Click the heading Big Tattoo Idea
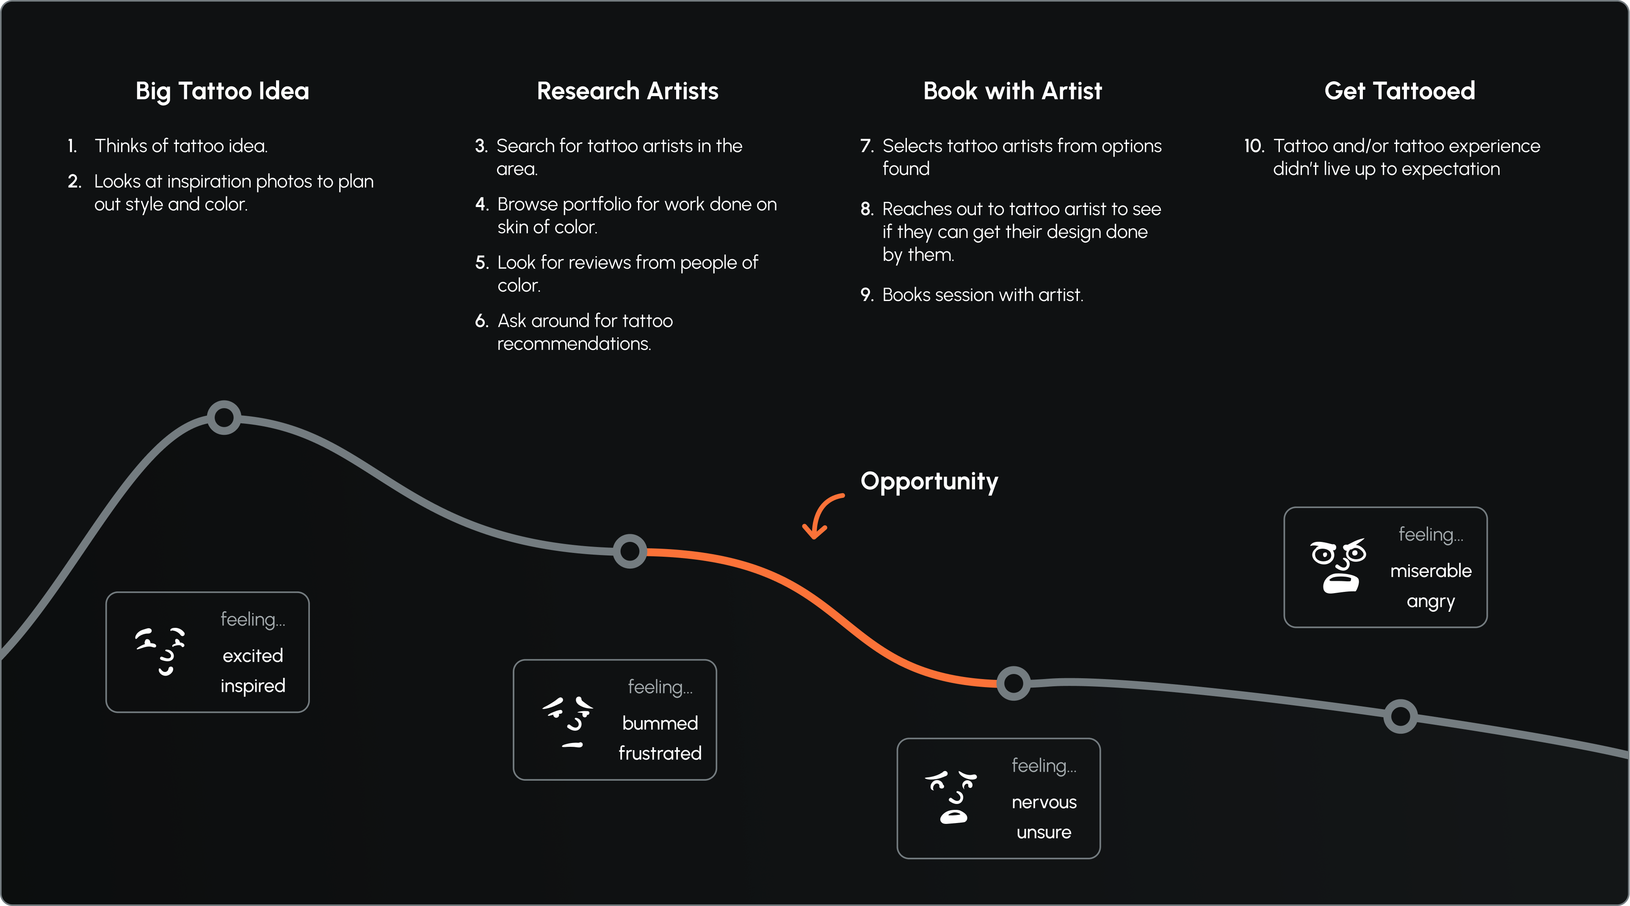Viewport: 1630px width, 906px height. point(222,91)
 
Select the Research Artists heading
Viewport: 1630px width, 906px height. point(627,91)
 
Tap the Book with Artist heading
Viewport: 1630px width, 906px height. point(1012,91)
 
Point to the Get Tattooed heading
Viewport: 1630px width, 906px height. point(1400,91)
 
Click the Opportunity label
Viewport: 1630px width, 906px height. point(929,481)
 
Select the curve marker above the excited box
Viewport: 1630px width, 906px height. point(224,417)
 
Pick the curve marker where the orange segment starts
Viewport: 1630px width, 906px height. point(630,551)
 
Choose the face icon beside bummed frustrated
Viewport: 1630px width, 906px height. point(568,722)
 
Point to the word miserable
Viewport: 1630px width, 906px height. point(1431,571)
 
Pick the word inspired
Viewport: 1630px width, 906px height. point(252,686)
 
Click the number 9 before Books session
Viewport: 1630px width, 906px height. point(866,295)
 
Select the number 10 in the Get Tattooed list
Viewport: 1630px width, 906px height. point(1254,146)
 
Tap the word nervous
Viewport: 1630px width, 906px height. point(1044,802)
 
